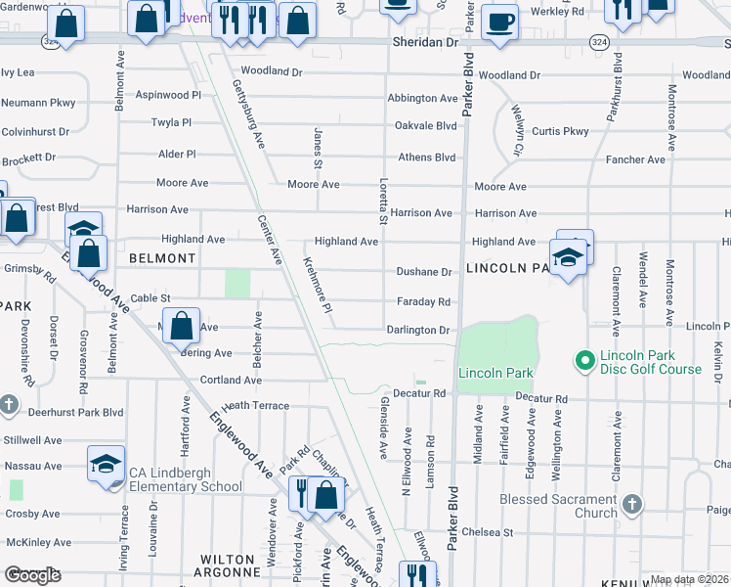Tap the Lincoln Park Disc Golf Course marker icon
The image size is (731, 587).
pos(586,362)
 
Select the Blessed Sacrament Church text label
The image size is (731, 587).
pos(556,505)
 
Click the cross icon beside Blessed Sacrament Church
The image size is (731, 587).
pos(632,505)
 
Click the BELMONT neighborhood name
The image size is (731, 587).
pos(162,258)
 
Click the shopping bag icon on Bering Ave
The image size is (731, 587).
pos(182,326)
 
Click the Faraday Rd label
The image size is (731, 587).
pos(423,301)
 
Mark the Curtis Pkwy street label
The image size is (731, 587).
pos(560,131)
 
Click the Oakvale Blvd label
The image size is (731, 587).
pos(425,126)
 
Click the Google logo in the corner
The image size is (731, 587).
pos(32,575)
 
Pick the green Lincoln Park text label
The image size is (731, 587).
pos(495,373)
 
